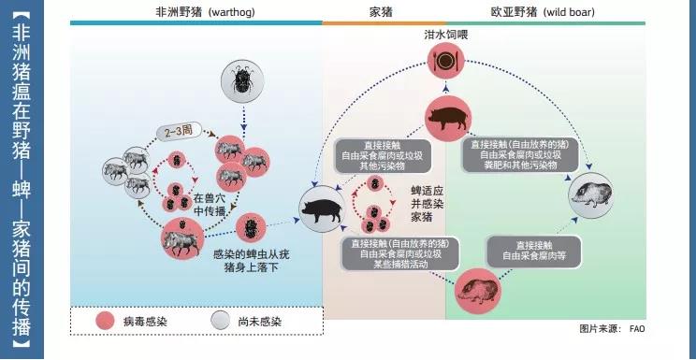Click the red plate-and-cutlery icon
click(444, 63)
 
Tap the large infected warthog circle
click(185, 240)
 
